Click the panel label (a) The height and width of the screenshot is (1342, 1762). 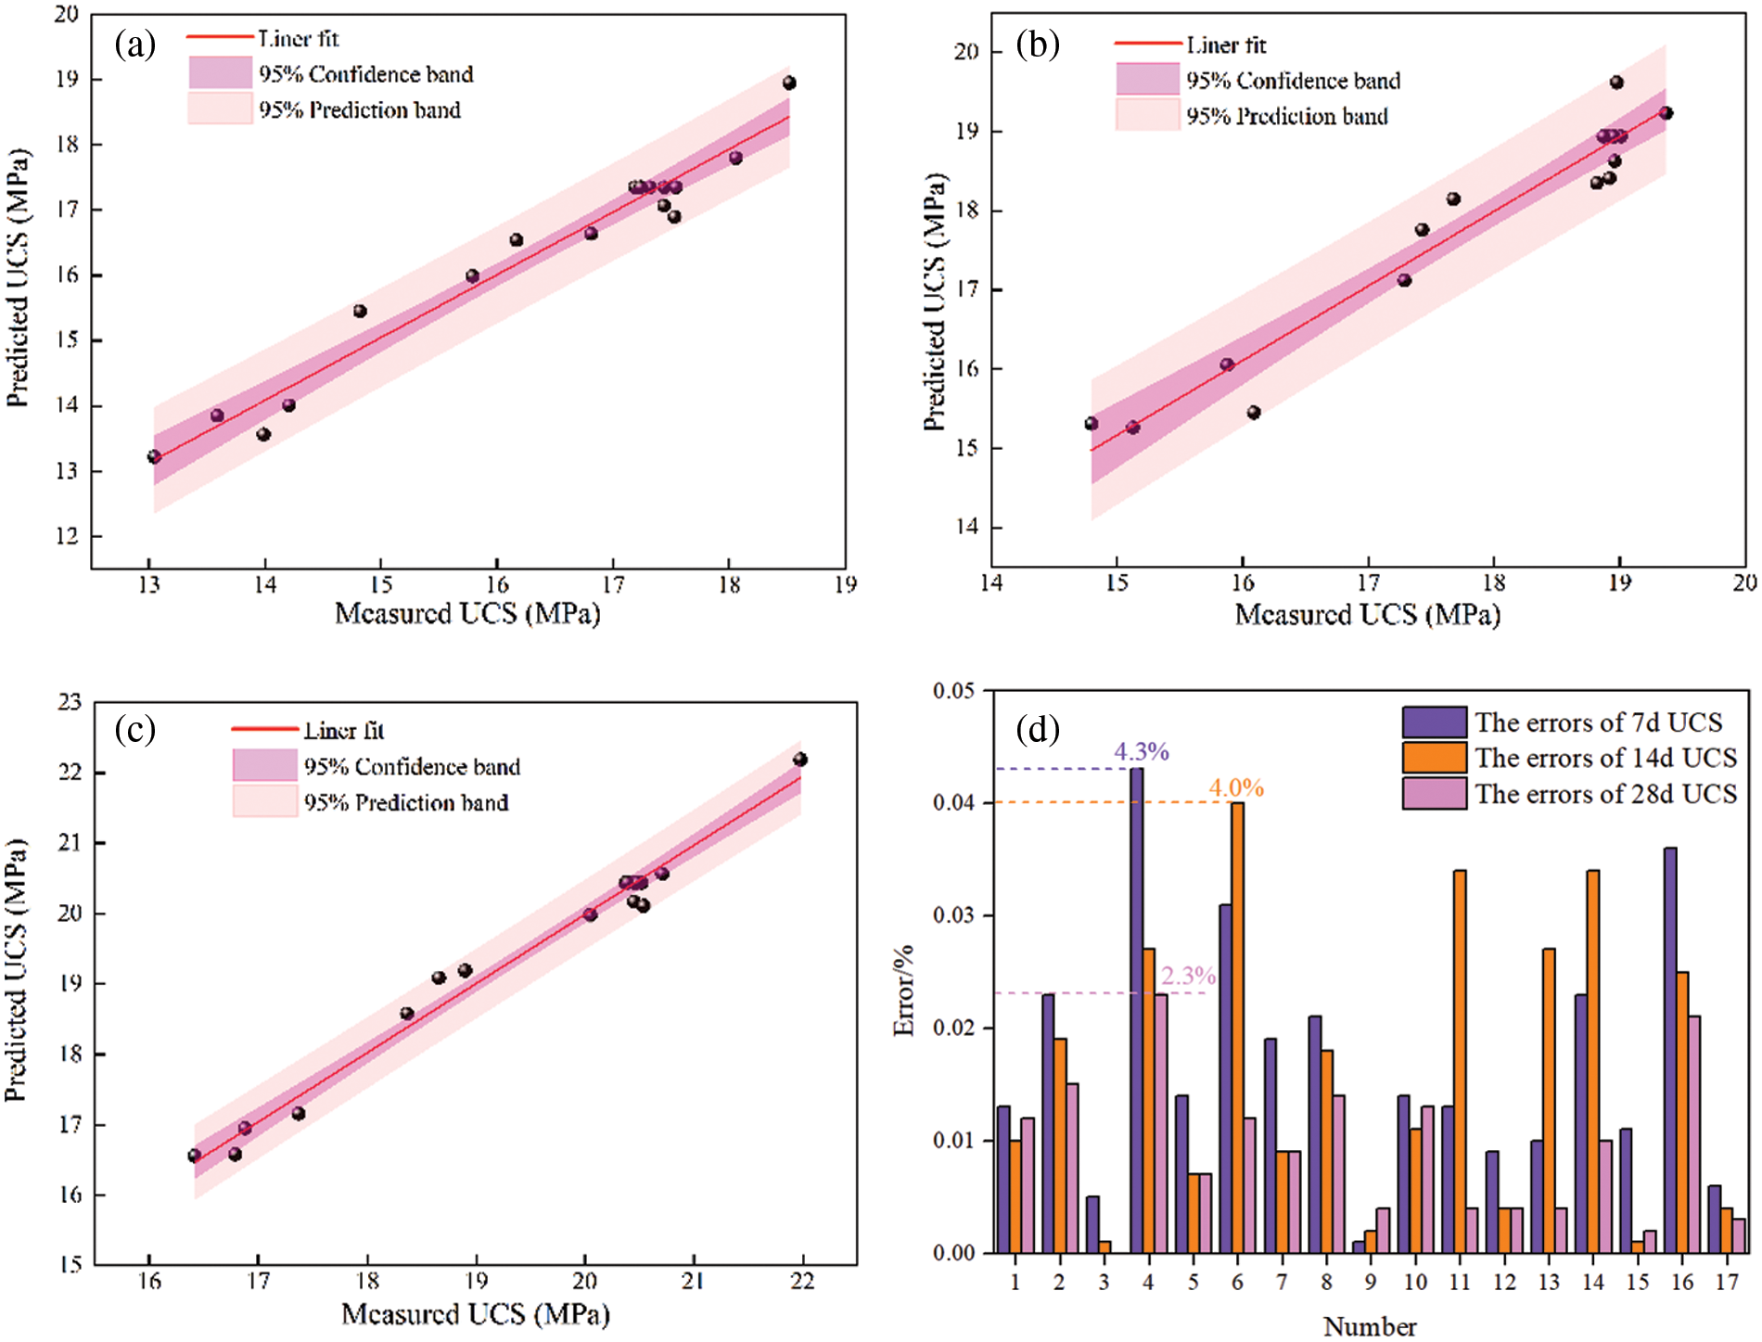[x=135, y=44]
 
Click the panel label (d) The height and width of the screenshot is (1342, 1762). [x=1038, y=729]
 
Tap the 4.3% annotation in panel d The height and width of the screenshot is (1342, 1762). [x=1141, y=751]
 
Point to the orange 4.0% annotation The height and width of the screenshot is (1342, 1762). [x=1235, y=788]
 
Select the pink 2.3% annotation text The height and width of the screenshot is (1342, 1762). [x=1188, y=976]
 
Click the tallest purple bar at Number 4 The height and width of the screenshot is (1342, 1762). [x=1136, y=1011]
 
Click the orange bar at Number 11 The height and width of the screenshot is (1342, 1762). [x=1460, y=1062]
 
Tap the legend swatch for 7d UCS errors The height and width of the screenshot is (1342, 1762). [x=1434, y=722]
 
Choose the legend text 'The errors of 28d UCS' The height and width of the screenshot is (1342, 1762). [x=1606, y=795]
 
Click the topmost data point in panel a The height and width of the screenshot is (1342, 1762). [x=789, y=83]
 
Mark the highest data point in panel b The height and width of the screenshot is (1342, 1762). [x=1616, y=83]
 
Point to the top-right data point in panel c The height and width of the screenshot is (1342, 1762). [x=800, y=760]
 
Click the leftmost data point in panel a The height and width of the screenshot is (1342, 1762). [x=154, y=456]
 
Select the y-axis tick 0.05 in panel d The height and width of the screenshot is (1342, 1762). [x=953, y=691]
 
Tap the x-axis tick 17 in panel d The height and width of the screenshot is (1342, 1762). [x=1727, y=1283]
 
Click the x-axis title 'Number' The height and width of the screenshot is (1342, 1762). [x=1370, y=1326]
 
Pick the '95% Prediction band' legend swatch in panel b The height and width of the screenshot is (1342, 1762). [x=1147, y=116]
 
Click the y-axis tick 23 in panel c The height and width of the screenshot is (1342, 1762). [x=70, y=702]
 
